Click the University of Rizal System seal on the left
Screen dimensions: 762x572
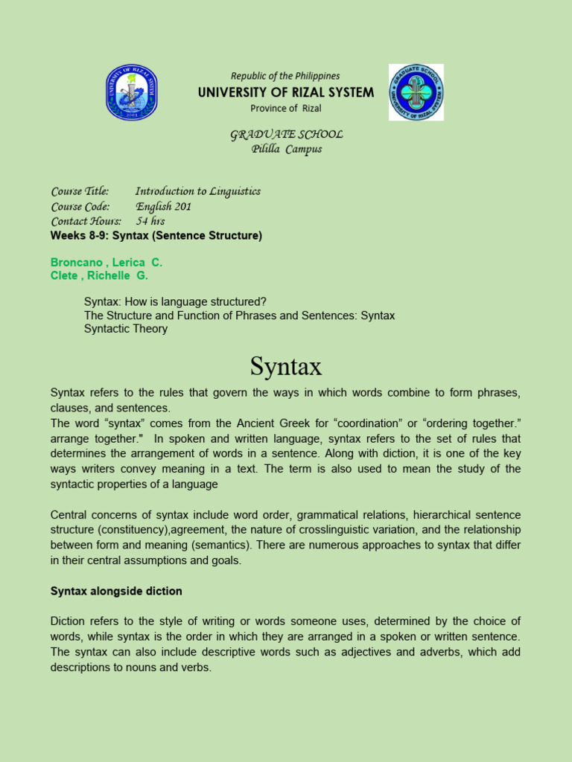[x=131, y=92]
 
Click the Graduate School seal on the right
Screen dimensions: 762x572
[x=416, y=92]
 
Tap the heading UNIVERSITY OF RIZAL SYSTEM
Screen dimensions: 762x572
[x=286, y=92]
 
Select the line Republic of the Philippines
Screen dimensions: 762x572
[x=285, y=76]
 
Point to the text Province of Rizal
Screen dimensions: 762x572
[x=286, y=109]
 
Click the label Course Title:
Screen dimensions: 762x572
[x=80, y=191]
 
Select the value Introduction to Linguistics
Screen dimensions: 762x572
[x=198, y=191]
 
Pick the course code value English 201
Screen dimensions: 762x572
[x=163, y=206]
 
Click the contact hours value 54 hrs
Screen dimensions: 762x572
[x=150, y=221]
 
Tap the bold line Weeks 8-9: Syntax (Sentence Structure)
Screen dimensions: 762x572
[x=156, y=236]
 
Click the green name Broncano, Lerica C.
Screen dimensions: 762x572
[x=106, y=263]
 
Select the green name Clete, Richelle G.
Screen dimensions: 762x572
[x=99, y=275]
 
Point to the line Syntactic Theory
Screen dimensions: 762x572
[x=126, y=329]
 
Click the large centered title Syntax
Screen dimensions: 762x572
[x=286, y=366]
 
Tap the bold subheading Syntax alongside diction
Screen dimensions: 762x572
[x=116, y=591]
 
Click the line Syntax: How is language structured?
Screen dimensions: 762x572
[x=175, y=301]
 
